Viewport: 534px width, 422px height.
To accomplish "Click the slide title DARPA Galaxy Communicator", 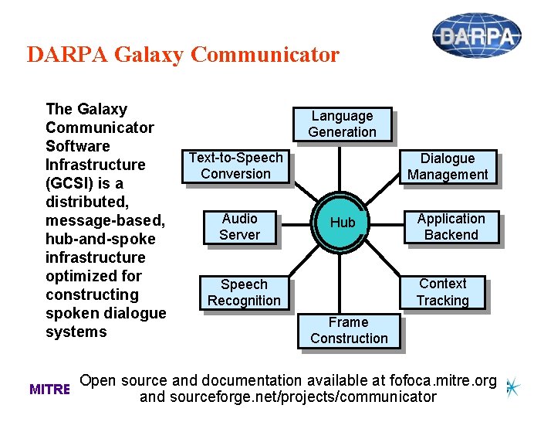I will coord(183,55).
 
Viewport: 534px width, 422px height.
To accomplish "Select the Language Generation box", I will coord(342,124).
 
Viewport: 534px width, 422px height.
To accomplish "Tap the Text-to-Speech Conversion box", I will coord(235,165).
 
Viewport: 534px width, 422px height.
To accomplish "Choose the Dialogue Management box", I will coord(448,166).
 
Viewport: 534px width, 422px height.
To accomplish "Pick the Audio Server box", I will coord(239,226).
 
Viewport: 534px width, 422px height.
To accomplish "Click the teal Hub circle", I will coord(343,223).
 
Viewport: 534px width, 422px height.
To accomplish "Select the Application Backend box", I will coord(451,226).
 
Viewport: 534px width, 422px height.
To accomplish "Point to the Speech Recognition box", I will coord(244,292).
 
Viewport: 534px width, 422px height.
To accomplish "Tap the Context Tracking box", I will coord(442,292).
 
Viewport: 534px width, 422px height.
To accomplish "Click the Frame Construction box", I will coord(349,330).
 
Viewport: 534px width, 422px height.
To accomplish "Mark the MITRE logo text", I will coord(49,390).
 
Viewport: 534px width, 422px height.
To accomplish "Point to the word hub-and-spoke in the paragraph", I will coord(100,239).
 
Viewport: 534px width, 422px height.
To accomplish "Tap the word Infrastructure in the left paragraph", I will coord(95,165).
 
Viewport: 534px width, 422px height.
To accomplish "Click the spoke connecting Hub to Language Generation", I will coord(340,166).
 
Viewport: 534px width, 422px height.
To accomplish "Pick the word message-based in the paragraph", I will coord(103,220).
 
